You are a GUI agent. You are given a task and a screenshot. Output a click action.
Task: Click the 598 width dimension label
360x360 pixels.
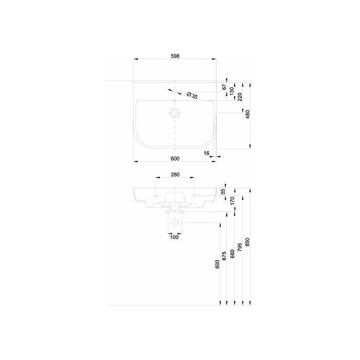pyautogui.click(x=175, y=56)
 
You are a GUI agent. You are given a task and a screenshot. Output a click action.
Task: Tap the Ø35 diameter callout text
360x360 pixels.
pyautogui.click(x=192, y=95)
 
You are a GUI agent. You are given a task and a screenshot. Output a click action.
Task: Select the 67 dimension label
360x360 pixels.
pyautogui.click(x=224, y=87)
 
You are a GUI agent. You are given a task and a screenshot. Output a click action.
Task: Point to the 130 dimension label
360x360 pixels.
pyautogui.click(x=231, y=91)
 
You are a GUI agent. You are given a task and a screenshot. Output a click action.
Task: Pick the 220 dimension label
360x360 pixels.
pyautogui.click(x=240, y=97)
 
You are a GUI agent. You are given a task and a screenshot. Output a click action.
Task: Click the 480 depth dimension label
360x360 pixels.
pyautogui.click(x=247, y=114)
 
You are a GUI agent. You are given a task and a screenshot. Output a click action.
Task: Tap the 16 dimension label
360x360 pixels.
pyautogui.click(x=206, y=153)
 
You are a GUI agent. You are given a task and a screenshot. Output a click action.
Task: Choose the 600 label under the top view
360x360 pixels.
pyautogui.click(x=175, y=158)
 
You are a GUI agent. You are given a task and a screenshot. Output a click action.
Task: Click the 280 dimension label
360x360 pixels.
pyautogui.click(x=175, y=175)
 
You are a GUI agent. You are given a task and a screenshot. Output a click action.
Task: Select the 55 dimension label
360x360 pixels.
pyautogui.click(x=223, y=191)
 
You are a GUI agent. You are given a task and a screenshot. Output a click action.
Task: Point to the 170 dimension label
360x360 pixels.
pyautogui.click(x=232, y=201)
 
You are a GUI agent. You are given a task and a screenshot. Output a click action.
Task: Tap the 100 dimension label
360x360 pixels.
pyautogui.click(x=174, y=237)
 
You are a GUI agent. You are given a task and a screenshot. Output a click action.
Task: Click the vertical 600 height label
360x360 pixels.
pyautogui.click(x=217, y=264)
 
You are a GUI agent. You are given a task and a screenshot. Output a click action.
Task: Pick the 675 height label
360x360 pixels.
pyautogui.click(x=224, y=256)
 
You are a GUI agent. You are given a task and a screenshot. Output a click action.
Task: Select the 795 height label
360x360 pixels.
pyautogui.click(x=240, y=247)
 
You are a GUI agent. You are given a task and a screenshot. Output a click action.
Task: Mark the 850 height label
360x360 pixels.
pyautogui.click(x=247, y=242)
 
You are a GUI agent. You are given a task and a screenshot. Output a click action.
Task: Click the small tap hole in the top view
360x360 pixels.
pyautogui.click(x=175, y=92)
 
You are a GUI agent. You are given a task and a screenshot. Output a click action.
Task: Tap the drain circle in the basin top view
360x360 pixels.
pyautogui.click(x=175, y=113)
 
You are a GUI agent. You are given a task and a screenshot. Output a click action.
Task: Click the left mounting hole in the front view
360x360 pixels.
pyautogui.click(x=156, y=196)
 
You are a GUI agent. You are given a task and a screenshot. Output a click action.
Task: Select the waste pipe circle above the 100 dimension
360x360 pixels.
pyautogui.click(x=175, y=223)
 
